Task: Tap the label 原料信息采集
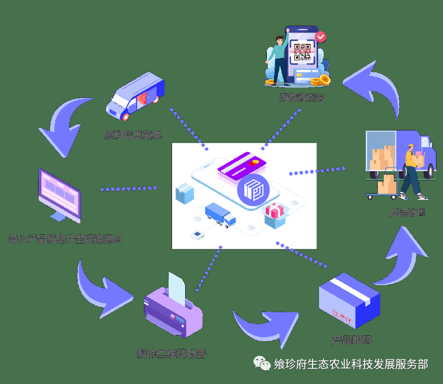133,135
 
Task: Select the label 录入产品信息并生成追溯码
65,239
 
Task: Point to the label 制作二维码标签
171,353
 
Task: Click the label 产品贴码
352,340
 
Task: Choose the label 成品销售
408,212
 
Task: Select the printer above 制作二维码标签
173,309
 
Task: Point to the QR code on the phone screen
304,52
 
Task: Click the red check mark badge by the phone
321,36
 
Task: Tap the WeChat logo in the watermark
261,363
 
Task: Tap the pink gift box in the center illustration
275,211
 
